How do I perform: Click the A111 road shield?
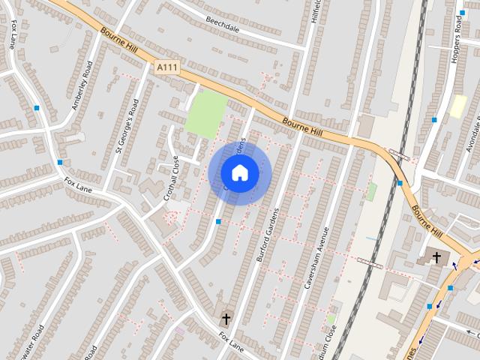(x=166, y=67)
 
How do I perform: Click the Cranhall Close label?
(x=172, y=178)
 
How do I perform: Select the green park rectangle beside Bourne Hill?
(x=206, y=114)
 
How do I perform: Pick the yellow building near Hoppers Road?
(x=457, y=106)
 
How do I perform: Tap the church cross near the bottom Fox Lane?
(x=225, y=319)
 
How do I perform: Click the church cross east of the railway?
(x=436, y=257)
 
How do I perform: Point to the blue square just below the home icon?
(x=218, y=222)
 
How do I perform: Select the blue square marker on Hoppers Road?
(x=434, y=120)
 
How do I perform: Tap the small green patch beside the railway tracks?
(x=370, y=192)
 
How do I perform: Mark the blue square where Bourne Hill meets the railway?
(x=400, y=183)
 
